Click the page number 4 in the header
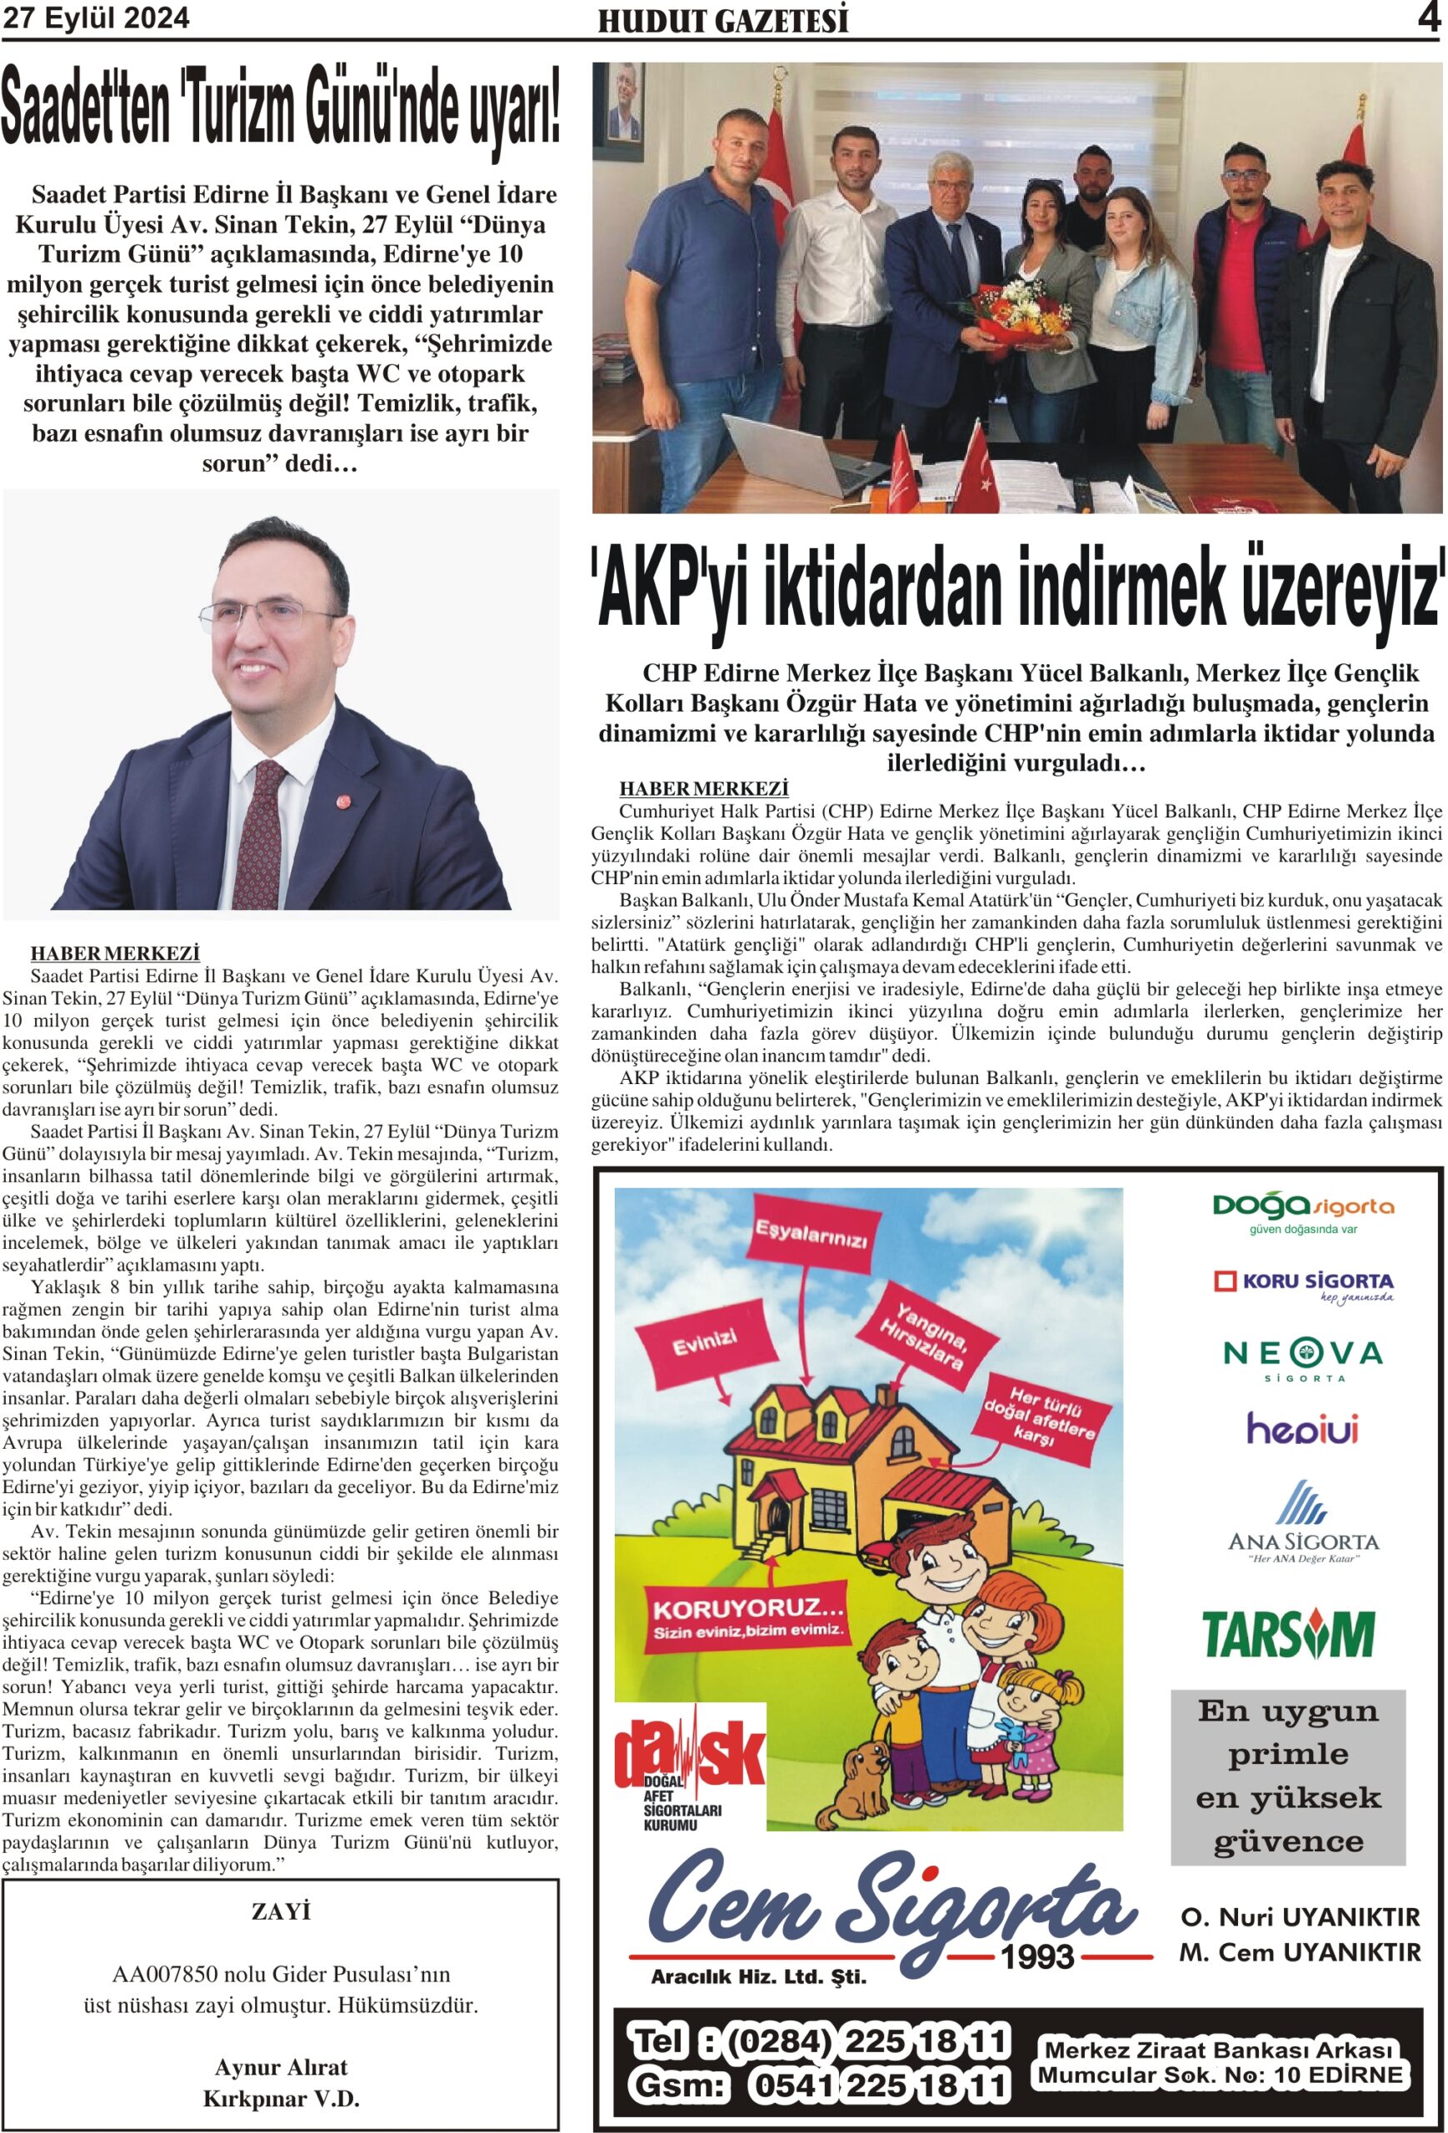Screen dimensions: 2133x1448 tap(1428, 17)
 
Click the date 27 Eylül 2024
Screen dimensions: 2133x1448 tap(97, 17)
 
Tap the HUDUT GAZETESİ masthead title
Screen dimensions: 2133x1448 tap(723, 21)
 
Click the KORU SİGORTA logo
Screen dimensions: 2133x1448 tap(1302, 1283)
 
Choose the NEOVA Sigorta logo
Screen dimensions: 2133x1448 tap(1302, 1357)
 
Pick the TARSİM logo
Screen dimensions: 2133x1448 tap(1287, 1633)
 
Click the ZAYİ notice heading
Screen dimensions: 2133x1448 tap(280, 1910)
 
